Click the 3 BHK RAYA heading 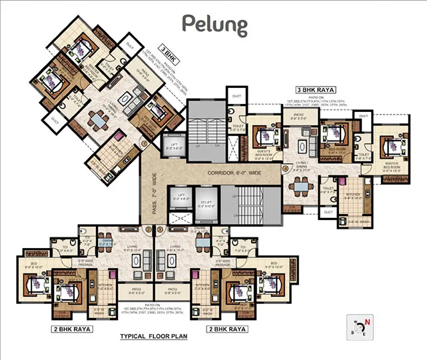pyautogui.click(x=315, y=89)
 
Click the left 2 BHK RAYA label pyautogui.click(x=72, y=329)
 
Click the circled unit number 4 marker pyautogui.click(x=285, y=169)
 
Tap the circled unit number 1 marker pyautogui.click(x=145, y=142)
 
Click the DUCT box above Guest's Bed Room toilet pyautogui.click(x=236, y=97)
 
